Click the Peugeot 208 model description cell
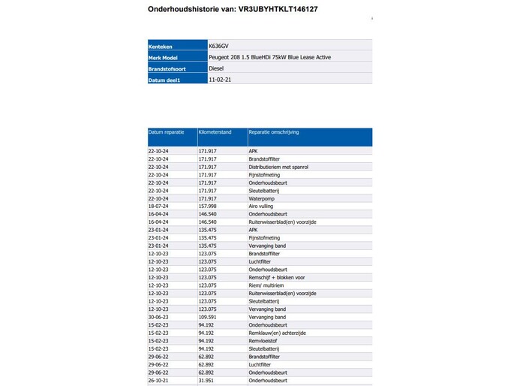[x=269, y=57]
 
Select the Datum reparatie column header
[x=167, y=132]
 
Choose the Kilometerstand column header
[x=215, y=132]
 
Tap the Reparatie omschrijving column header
[x=274, y=132]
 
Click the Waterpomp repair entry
[x=262, y=198]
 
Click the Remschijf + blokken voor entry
[x=276, y=277]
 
